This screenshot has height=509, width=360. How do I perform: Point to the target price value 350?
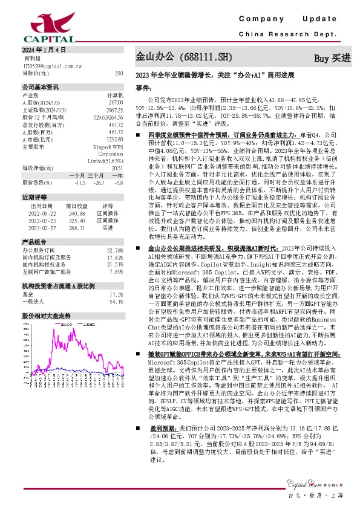coord(119,73)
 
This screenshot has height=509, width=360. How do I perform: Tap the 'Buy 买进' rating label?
coord(332,59)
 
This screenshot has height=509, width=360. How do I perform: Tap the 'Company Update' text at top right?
coord(292,20)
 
